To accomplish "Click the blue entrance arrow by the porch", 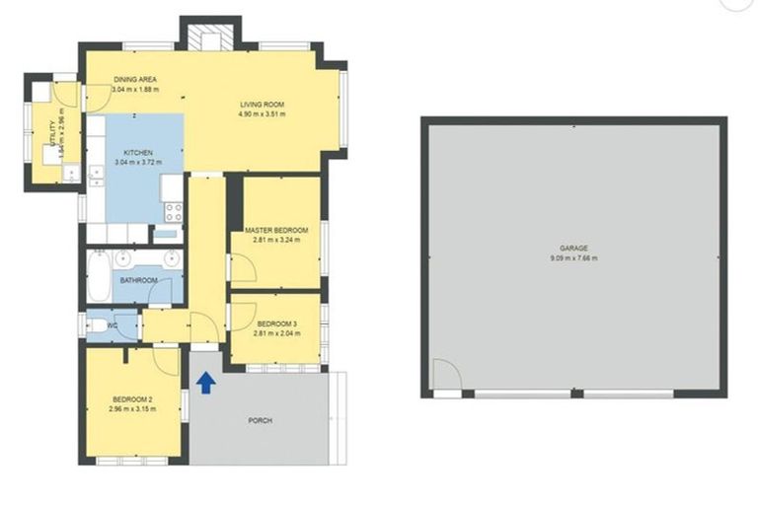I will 205,382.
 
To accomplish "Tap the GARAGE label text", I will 573,249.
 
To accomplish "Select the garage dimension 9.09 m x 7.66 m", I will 573,258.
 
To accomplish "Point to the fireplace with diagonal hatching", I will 209,38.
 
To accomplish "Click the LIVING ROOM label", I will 262,105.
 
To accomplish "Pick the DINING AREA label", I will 135,80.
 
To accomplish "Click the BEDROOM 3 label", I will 276,324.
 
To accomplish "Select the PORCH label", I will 261,420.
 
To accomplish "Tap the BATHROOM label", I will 139,281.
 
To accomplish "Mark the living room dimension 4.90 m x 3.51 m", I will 262,114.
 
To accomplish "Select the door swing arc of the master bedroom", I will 242,266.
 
